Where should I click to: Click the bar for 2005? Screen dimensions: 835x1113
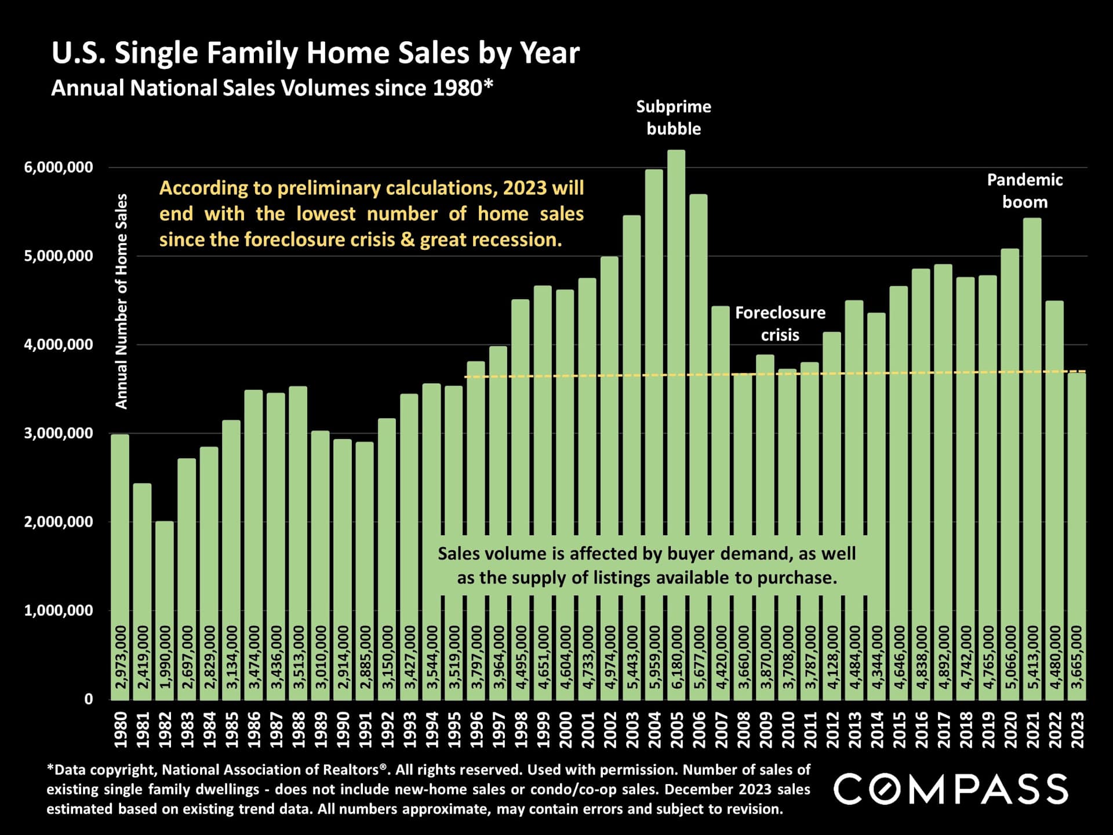pyautogui.click(x=676, y=406)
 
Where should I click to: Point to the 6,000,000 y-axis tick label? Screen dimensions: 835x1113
pyautogui.click(x=58, y=168)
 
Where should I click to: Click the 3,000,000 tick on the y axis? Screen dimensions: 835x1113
pyautogui.click(x=58, y=433)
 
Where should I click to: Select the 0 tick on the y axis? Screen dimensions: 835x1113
pyautogui.click(x=89, y=699)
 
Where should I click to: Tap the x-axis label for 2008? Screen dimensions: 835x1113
pyautogui.click(x=744, y=730)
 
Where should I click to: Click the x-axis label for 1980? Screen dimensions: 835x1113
pyautogui.click(x=120, y=730)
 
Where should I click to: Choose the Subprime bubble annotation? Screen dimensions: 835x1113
pyautogui.click(x=674, y=118)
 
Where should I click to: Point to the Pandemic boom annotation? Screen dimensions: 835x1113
pyautogui.click(x=1025, y=191)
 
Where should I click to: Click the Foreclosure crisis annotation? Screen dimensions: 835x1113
pyautogui.click(x=780, y=324)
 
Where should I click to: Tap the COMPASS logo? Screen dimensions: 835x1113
pyautogui.click(x=951, y=789)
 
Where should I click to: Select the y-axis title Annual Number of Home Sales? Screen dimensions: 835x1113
pyautogui.click(x=121, y=302)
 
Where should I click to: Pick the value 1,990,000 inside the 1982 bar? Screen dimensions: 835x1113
pyautogui.click(x=165, y=657)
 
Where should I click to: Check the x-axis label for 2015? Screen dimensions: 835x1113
pyautogui.click(x=899, y=730)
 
